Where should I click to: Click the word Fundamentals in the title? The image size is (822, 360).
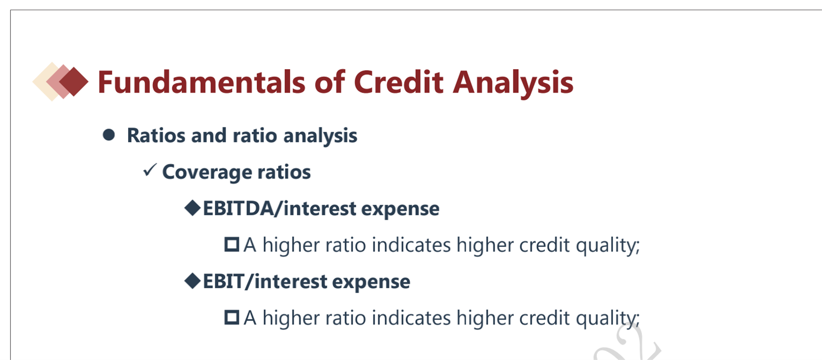click(x=201, y=82)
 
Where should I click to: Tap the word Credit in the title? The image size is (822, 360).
click(x=399, y=82)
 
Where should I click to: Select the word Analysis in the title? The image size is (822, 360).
click(x=513, y=84)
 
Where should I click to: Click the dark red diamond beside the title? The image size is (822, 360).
click(x=74, y=81)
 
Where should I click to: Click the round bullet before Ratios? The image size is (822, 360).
click(x=109, y=134)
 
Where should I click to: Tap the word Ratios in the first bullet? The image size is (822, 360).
click(x=156, y=136)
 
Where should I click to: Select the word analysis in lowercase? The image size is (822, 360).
click(x=320, y=137)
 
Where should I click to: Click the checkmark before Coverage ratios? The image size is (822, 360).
click(x=150, y=170)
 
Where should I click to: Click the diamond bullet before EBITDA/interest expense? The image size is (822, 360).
click(x=192, y=208)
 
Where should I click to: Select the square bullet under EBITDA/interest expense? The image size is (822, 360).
click(x=231, y=244)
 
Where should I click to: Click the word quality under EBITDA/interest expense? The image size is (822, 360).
click(x=608, y=245)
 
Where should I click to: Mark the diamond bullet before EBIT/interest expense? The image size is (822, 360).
click(x=192, y=281)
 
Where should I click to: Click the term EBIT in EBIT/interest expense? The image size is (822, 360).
click(x=223, y=281)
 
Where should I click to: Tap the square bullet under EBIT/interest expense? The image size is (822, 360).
click(x=231, y=318)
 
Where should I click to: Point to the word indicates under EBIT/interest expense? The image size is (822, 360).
click(x=411, y=318)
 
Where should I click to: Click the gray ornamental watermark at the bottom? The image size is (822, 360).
click(x=628, y=343)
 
